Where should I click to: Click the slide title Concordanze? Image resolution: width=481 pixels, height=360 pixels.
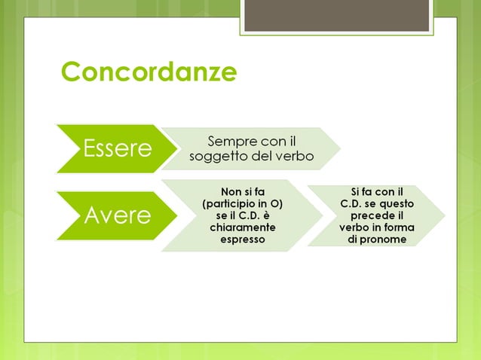(149, 72)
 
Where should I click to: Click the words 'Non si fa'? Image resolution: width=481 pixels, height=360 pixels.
(242, 191)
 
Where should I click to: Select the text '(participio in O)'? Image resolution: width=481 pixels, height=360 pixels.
(242, 203)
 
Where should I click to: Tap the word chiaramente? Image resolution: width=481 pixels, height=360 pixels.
(242, 227)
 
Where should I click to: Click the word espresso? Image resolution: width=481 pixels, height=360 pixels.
(242, 239)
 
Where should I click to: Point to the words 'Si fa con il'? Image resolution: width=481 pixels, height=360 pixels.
(377, 191)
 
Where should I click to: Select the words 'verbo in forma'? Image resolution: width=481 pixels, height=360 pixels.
(377, 227)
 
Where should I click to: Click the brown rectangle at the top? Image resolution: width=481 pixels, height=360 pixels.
(336, 15)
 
